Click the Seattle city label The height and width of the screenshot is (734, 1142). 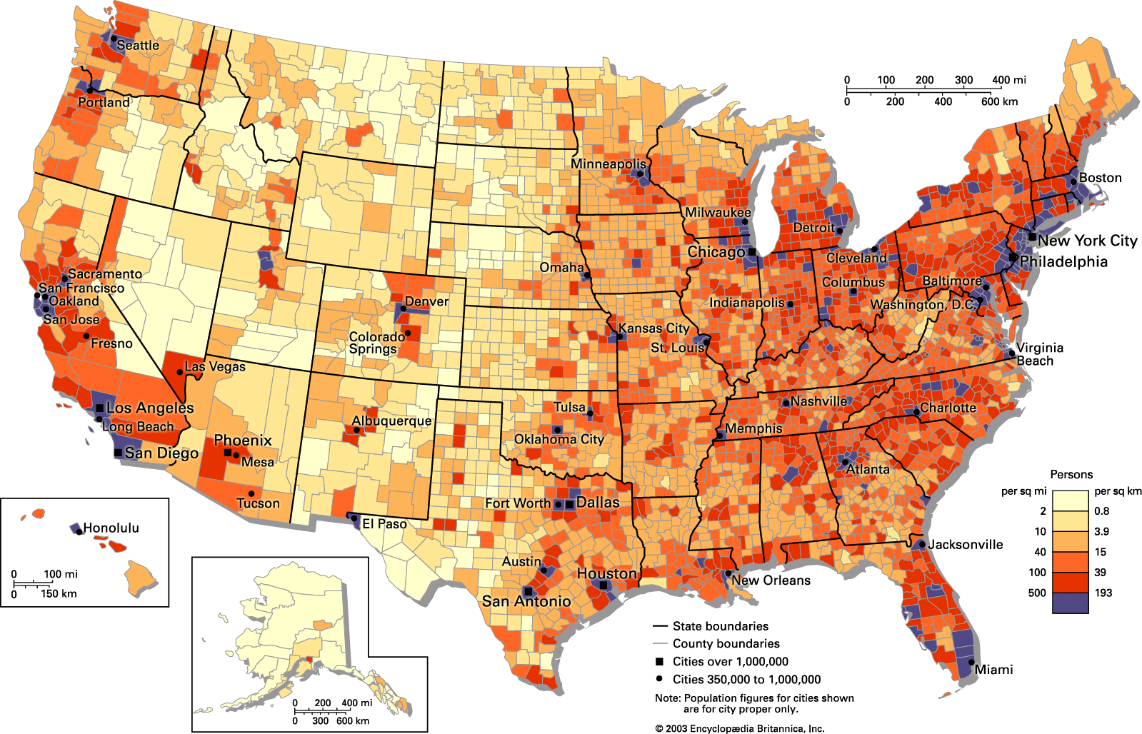[x=138, y=46]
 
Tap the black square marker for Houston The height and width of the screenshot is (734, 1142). [x=603, y=585]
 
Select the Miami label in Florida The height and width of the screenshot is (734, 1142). [x=993, y=670]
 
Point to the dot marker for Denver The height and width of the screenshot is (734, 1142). [x=403, y=308]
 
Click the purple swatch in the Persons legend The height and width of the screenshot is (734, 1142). [x=1070, y=603]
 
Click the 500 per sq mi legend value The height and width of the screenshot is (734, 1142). [x=1037, y=593]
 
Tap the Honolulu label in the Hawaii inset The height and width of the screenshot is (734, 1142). [x=111, y=528]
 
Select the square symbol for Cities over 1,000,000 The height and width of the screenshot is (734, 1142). [x=659, y=661]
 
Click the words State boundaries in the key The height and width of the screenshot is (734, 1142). [x=721, y=626]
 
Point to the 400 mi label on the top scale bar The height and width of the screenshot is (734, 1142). [x=1008, y=80]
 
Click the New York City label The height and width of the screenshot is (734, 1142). [x=1087, y=241]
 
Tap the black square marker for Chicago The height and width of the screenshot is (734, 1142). [x=751, y=252]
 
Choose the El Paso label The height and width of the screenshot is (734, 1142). [x=384, y=524]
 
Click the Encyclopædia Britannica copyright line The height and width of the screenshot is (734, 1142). [x=739, y=728]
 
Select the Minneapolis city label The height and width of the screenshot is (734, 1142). [x=608, y=164]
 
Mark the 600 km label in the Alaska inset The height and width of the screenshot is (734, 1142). [x=353, y=720]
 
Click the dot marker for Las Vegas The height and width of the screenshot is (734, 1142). [x=179, y=372]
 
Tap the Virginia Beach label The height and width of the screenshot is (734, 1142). [x=1039, y=354]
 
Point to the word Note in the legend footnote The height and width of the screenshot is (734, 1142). [x=667, y=698]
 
